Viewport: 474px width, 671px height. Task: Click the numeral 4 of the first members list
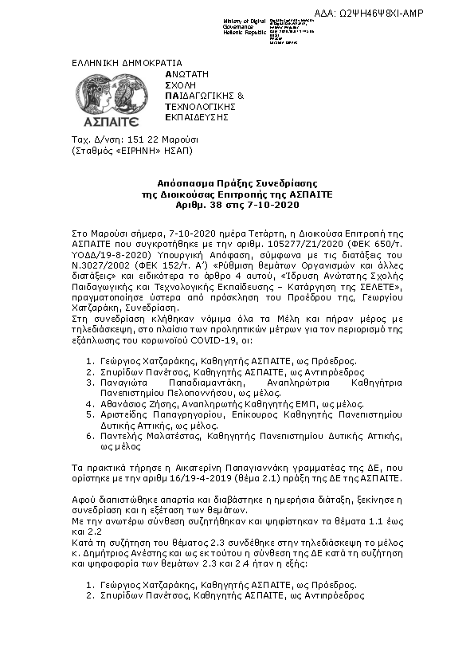89,404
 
